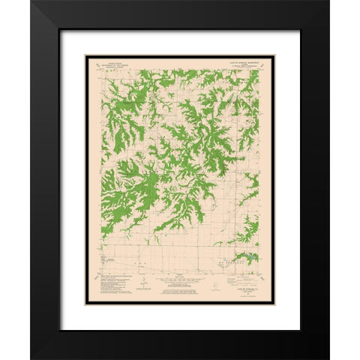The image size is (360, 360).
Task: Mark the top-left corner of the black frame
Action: point(31,1)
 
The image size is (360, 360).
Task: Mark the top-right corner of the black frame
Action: point(328,1)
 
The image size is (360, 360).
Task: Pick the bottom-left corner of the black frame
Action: point(31,358)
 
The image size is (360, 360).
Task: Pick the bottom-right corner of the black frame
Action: point(328,358)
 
